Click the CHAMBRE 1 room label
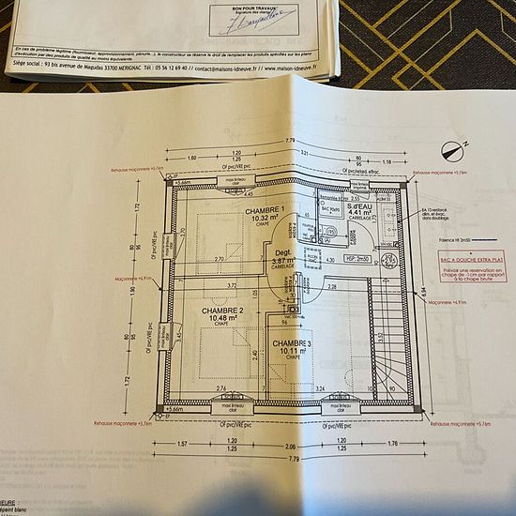click(266, 211)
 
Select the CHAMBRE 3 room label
click(292, 343)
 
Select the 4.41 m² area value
click(361, 213)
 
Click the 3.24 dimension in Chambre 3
click(320, 387)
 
